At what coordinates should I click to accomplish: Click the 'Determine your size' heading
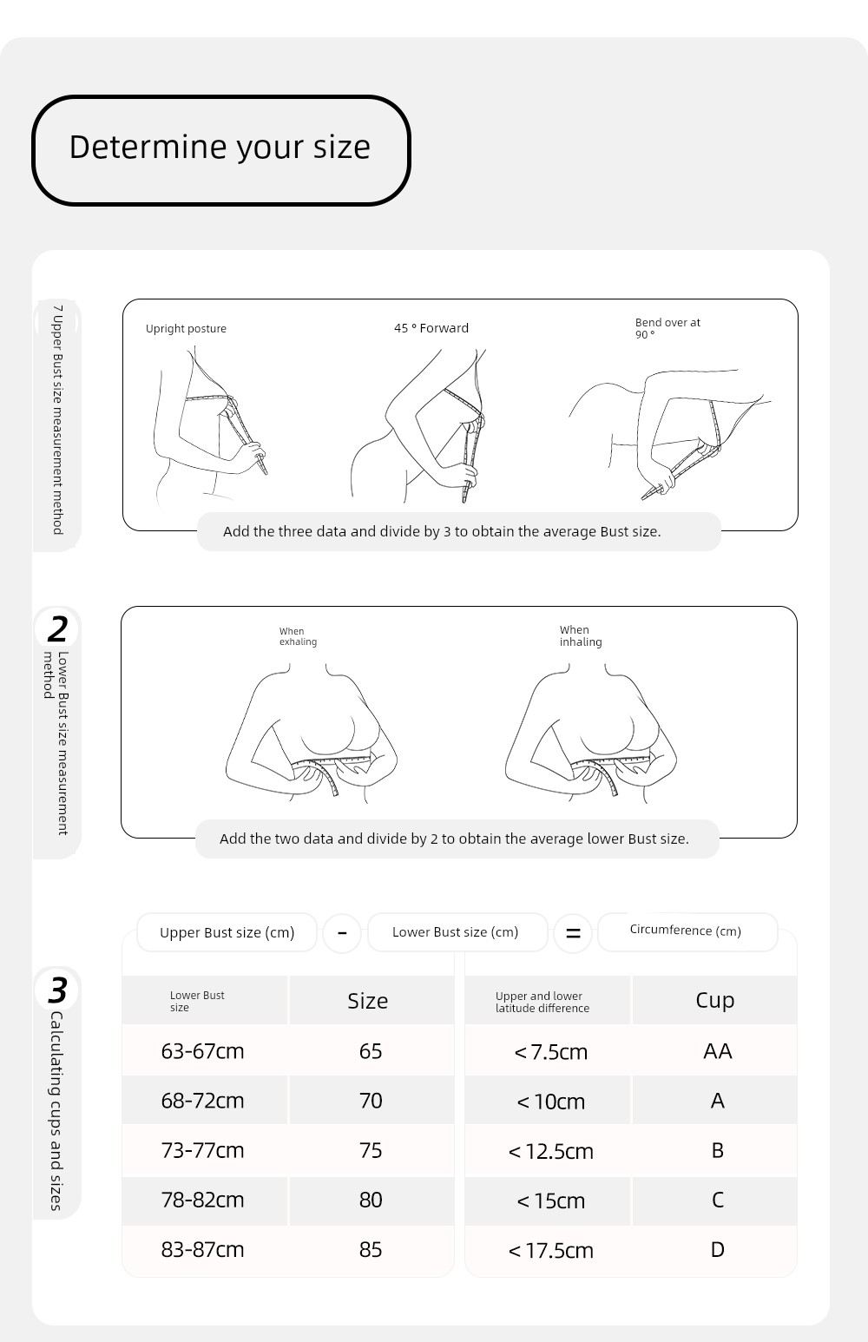pos(220,148)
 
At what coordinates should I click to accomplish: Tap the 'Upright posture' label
pos(186,329)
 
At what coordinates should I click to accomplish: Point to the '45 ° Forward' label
pos(431,328)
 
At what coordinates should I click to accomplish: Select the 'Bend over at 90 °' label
pos(667,328)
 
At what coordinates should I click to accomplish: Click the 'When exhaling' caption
pos(298,637)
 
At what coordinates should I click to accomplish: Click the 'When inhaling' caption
pos(580,636)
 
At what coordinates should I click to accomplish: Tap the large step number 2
pos(58,628)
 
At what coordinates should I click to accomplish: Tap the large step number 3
pos(57,990)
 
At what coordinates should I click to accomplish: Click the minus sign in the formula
pos(342,933)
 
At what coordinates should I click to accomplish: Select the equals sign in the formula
pos(573,933)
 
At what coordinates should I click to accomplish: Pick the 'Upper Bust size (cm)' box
pos(227,933)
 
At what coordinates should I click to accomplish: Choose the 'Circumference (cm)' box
pos(686,931)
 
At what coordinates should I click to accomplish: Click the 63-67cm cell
pos(202,1051)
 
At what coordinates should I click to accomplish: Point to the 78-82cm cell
pos(202,1201)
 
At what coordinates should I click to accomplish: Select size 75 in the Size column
pos(371,1151)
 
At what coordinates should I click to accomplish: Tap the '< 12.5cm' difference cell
pos(550,1152)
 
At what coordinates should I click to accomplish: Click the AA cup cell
pos(717,1051)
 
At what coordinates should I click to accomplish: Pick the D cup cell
pos(717,1250)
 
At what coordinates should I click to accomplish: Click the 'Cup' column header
pos(714,1000)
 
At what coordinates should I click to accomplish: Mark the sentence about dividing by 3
pos(442,531)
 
